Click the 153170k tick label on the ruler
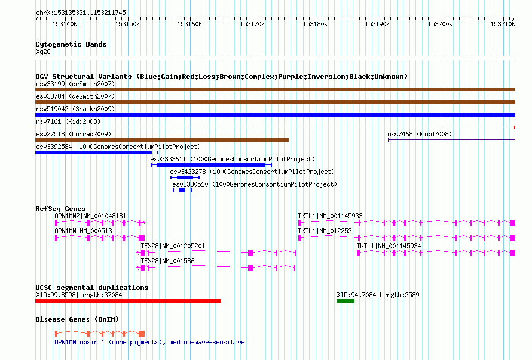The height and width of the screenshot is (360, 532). [252, 24]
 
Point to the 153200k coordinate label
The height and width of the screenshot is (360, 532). [440, 24]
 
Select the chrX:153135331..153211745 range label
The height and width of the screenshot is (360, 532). [81, 13]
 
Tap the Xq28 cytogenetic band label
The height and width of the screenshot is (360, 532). [43, 51]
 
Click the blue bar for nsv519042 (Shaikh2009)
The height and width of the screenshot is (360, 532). [275, 115]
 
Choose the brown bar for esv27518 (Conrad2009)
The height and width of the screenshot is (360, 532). [162, 140]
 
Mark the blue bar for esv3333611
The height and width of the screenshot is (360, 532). [210, 165]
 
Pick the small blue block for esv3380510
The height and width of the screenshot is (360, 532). [182, 190]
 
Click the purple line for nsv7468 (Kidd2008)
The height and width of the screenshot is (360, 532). [451, 140]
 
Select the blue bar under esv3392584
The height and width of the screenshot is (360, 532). [94, 152]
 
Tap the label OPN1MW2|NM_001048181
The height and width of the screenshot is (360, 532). [90, 216]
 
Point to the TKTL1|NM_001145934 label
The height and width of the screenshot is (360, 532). [389, 246]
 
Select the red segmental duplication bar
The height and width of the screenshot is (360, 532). [129, 301]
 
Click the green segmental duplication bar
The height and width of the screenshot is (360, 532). [346, 301]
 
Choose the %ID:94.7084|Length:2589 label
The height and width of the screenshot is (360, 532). [378, 295]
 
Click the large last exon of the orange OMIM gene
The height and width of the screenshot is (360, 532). [142, 334]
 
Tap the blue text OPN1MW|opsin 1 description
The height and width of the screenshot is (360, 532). [149, 342]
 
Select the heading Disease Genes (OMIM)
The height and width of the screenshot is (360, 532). [77, 319]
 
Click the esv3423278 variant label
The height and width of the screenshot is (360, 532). [188, 172]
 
